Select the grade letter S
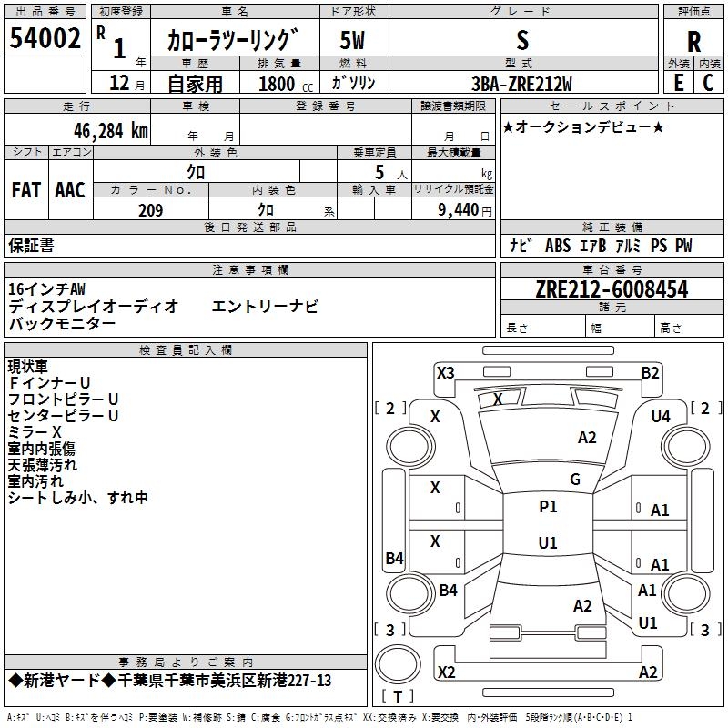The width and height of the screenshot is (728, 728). click(x=521, y=40)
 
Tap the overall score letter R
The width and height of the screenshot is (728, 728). click(x=693, y=41)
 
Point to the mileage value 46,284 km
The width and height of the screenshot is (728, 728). click(x=98, y=130)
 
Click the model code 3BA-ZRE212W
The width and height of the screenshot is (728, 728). click(x=521, y=84)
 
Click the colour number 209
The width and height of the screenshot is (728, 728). click(x=150, y=210)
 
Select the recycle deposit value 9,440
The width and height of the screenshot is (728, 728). click(x=458, y=210)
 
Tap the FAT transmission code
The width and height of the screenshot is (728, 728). click(x=25, y=190)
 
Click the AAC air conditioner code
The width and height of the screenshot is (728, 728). click(x=70, y=190)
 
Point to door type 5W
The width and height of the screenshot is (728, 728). click(x=354, y=40)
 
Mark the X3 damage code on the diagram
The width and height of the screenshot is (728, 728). click(x=446, y=372)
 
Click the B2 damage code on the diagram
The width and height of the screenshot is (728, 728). click(x=650, y=372)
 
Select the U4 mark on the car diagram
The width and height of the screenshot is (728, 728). click(x=660, y=416)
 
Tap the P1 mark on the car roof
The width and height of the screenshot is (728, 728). click(x=548, y=507)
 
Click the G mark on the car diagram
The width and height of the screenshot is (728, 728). click(x=575, y=480)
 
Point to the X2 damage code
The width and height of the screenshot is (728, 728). click(x=446, y=672)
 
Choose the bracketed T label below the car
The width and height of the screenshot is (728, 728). click(x=398, y=697)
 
